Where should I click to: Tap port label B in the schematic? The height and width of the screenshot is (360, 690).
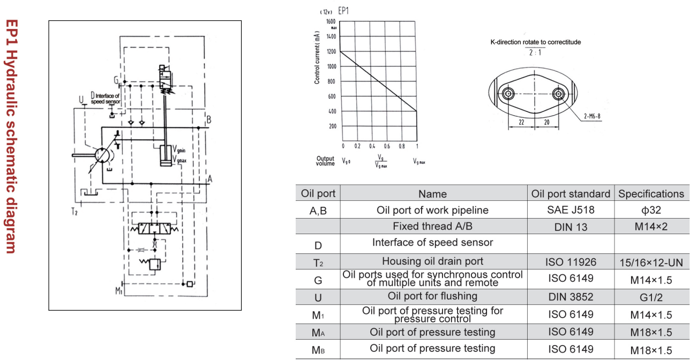click(x=209, y=119)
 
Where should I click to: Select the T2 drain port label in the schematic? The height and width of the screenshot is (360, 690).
click(x=75, y=211)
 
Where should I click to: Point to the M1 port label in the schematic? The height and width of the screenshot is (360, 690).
click(x=118, y=291)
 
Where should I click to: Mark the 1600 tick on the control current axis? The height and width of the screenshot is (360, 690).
click(x=331, y=21)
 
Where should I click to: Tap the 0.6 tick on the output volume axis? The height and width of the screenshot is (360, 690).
click(x=387, y=146)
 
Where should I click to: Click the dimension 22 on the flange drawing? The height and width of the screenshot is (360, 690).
click(x=521, y=122)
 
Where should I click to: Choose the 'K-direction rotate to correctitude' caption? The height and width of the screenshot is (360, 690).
click(x=535, y=42)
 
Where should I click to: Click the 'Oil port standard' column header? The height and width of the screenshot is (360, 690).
click(x=571, y=193)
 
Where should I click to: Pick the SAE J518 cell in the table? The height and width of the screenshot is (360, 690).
click(x=571, y=210)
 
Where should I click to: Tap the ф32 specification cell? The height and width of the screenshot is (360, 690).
click(x=651, y=210)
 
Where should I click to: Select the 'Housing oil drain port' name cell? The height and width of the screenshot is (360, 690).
click(x=432, y=261)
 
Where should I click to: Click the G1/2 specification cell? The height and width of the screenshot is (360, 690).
click(x=651, y=296)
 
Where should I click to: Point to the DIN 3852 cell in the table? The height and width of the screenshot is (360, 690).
click(x=571, y=296)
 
